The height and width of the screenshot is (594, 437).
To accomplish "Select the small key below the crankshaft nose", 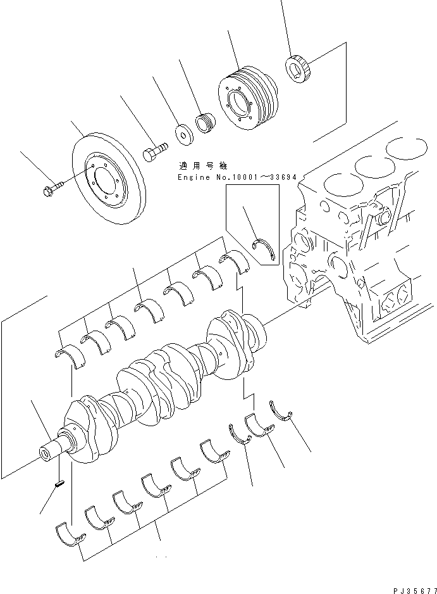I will coord(59,484).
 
